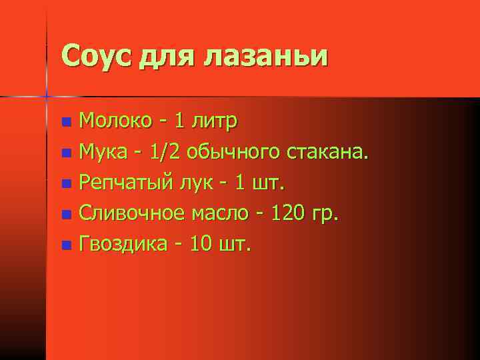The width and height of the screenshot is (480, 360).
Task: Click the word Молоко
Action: tap(115, 121)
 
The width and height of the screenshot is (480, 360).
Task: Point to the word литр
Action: tap(215, 121)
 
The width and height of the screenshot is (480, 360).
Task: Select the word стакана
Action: tap(327, 152)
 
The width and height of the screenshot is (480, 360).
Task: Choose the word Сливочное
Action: tap(132, 214)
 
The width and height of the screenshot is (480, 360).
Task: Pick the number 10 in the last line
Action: tap(201, 244)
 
